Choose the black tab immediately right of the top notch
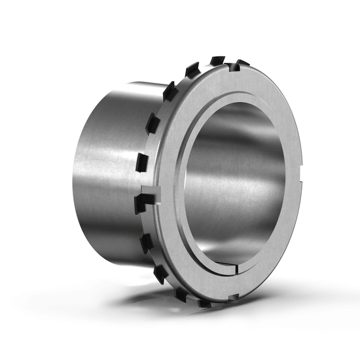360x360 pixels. pos(240,63)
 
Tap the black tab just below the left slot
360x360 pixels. pos(147,242)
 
